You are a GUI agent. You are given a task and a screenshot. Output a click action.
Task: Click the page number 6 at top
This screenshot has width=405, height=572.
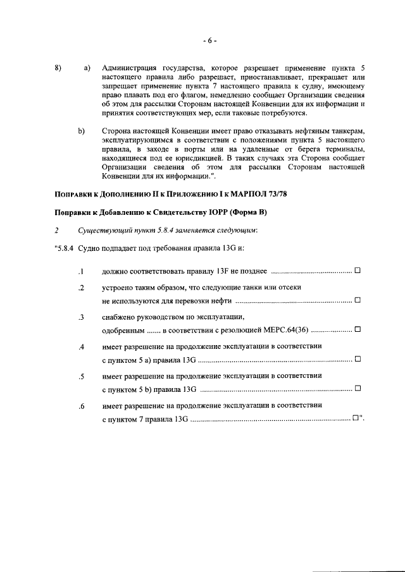[x=210, y=41]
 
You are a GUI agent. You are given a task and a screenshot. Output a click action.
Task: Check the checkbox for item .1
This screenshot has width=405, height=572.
[x=358, y=271]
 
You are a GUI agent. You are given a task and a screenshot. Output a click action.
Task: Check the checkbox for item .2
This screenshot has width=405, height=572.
[x=358, y=300]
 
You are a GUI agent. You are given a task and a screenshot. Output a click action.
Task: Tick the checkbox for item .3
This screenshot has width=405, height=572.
[x=358, y=329]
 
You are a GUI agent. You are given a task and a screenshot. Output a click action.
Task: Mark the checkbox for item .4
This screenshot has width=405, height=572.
[x=358, y=359]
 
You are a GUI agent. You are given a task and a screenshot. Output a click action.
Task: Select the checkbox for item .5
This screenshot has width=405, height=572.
[x=358, y=388]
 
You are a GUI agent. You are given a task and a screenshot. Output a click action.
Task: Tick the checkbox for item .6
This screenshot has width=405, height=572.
[x=356, y=418]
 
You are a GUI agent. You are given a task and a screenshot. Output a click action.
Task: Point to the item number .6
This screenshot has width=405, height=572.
[x=80, y=406]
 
